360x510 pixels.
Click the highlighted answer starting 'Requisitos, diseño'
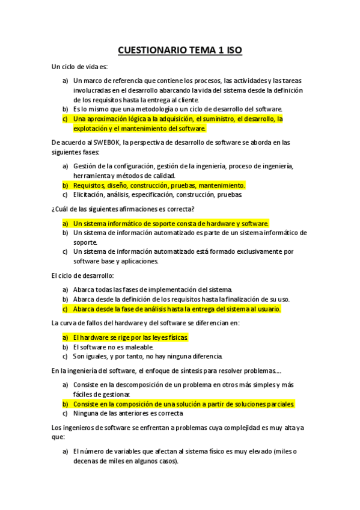(159, 185)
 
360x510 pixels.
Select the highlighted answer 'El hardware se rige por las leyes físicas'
(130, 337)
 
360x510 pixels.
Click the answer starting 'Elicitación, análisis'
(157, 195)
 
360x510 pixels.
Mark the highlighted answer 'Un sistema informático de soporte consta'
(171, 223)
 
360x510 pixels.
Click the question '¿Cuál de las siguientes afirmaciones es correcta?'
(123, 209)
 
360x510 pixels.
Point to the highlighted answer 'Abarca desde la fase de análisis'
(177, 309)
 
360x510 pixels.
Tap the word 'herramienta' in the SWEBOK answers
(93, 175)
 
